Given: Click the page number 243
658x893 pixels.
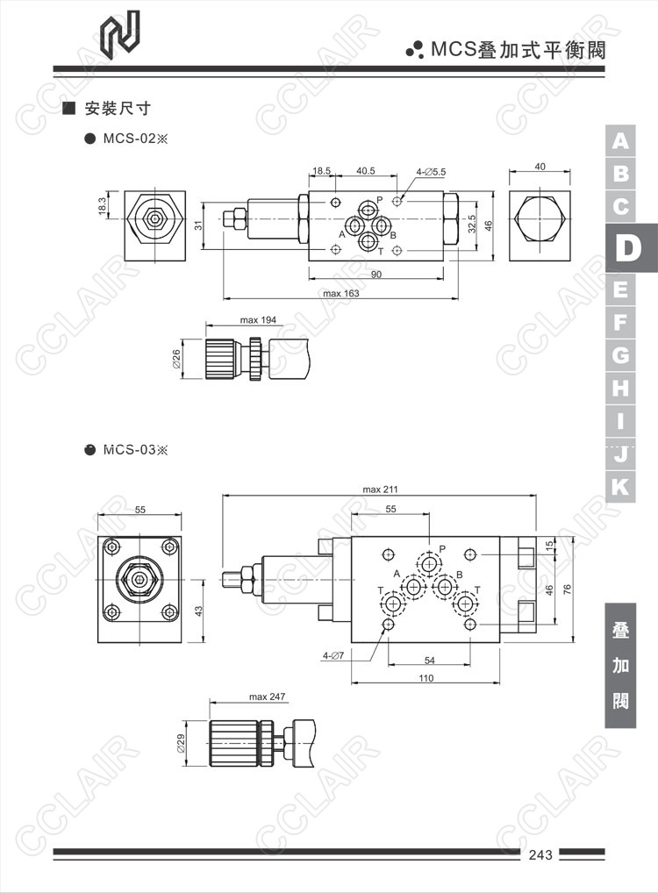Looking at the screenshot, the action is point(540,854).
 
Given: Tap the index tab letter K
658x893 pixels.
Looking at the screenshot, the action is point(620,487).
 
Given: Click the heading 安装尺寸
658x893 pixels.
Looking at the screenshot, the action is point(118,108).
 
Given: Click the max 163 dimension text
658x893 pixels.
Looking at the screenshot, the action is point(340,293).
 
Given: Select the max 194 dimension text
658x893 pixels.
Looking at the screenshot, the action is point(258,320).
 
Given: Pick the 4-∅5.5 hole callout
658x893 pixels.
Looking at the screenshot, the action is point(431,171).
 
